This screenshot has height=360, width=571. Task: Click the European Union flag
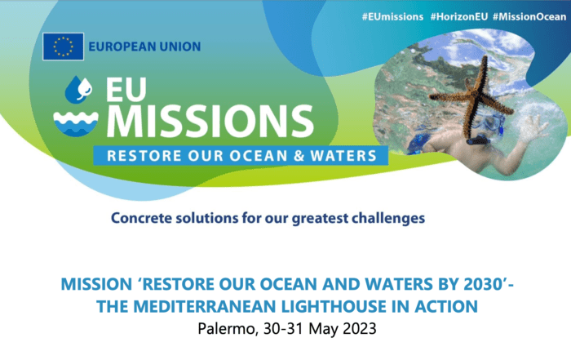tap(63, 47)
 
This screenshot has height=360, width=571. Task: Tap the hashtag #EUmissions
tap(392, 17)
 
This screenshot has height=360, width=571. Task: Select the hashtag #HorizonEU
tap(458, 17)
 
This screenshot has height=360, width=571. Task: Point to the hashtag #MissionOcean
tap(529, 17)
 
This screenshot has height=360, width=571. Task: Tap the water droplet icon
tap(78, 89)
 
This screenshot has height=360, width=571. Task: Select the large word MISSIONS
tap(210, 121)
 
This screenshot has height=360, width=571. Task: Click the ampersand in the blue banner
tap(299, 156)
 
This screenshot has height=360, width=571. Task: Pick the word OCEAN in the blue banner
tap(259, 156)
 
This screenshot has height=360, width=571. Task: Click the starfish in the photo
tap(472, 96)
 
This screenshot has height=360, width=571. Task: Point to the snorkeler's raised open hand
tap(533, 127)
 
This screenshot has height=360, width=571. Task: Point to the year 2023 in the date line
tap(360, 329)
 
